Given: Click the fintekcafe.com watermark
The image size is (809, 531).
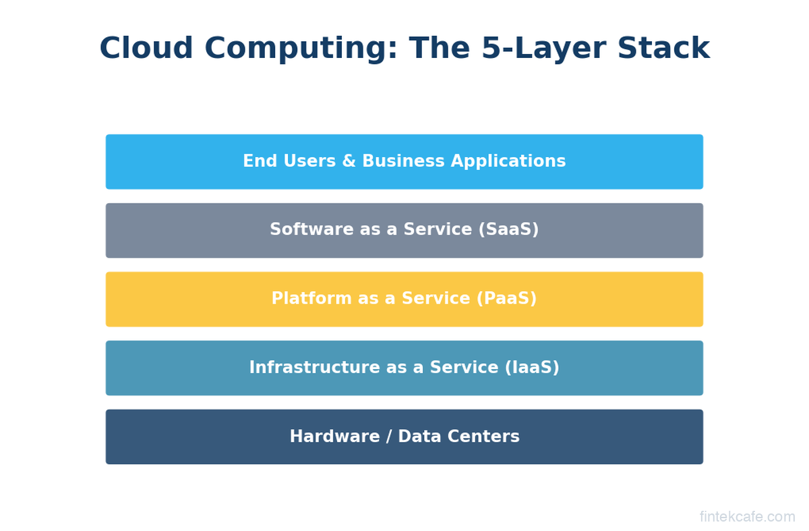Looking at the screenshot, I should pos(747,517).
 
